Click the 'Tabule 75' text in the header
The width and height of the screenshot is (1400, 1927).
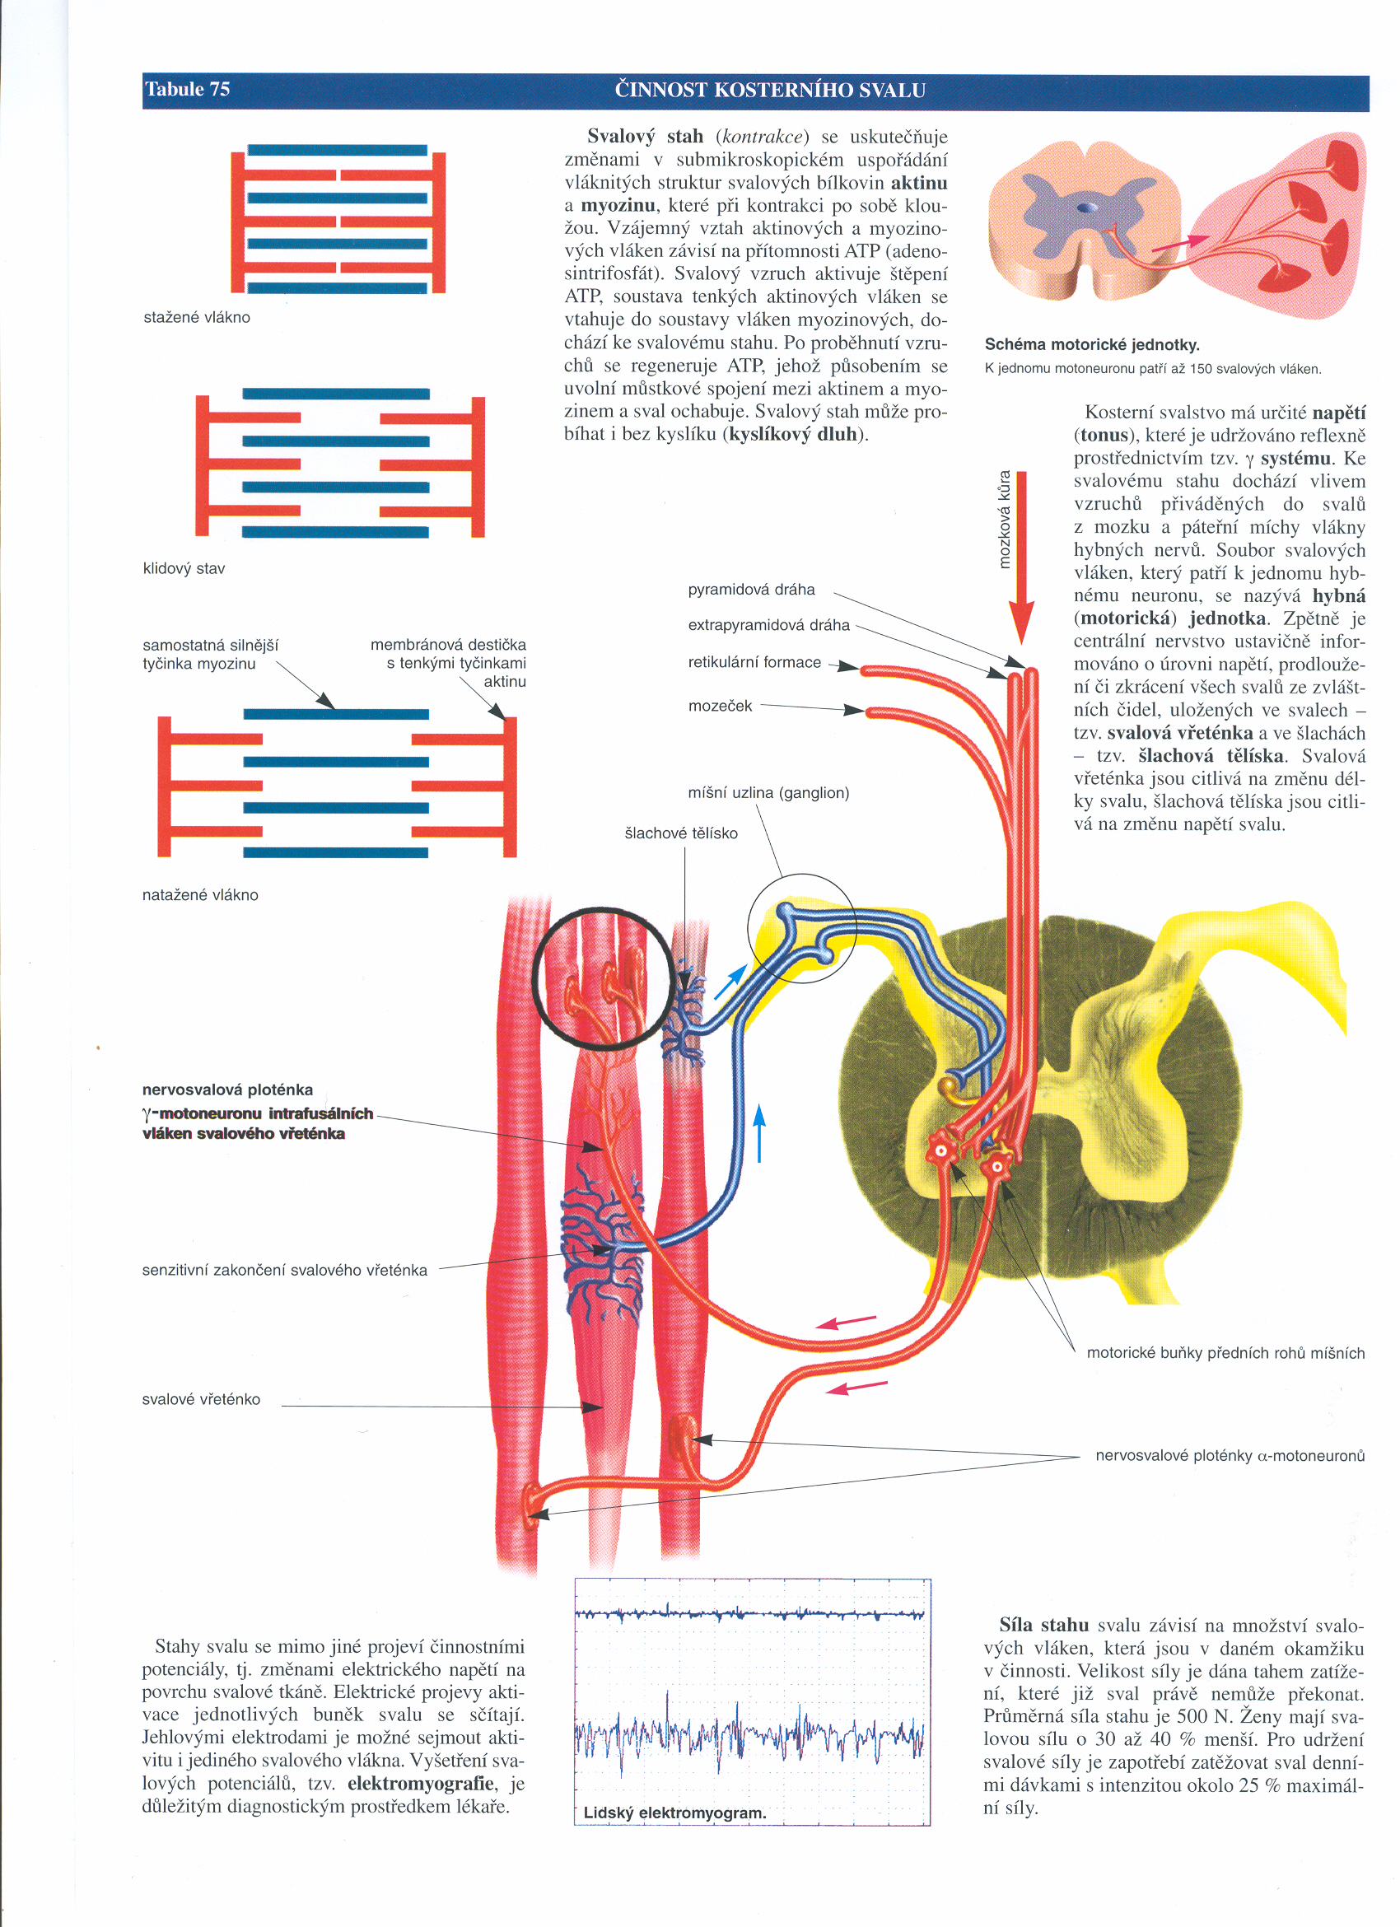point(187,89)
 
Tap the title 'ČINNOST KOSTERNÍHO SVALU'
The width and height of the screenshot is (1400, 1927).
point(770,90)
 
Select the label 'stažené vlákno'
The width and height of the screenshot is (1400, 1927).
point(197,317)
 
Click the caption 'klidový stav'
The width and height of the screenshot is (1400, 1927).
point(184,568)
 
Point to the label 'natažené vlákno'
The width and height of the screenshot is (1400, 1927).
point(200,894)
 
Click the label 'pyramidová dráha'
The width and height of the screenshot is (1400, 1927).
point(751,590)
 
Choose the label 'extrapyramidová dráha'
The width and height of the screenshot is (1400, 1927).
point(769,624)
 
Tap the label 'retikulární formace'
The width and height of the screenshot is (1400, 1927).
point(754,662)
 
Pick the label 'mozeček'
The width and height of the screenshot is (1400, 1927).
point(721,706)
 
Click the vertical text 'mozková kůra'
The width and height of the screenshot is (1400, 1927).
point(1004,519)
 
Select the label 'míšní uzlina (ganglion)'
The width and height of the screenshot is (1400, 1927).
point(769,793)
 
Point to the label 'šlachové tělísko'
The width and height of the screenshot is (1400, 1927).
point(681,833)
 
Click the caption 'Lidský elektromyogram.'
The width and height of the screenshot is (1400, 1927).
point(674,1813)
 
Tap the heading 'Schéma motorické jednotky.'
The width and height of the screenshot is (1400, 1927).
point(1093,344)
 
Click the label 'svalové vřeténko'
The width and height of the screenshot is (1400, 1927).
point(201,1399)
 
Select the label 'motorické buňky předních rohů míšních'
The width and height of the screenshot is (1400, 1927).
point(1226,1353)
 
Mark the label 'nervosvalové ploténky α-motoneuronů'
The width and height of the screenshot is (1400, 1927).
point(1230,1455)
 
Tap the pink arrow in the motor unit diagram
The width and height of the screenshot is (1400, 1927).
point(1180,243)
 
